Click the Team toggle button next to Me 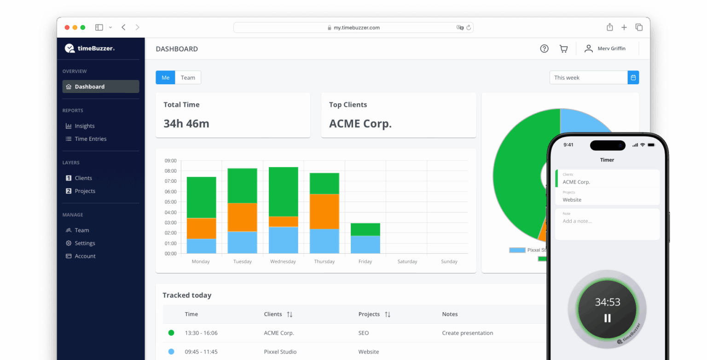[x=188, y=78]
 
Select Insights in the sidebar [x=85, y=126]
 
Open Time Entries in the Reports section [x=90, y=139]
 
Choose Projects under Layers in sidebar [x=85, y=191]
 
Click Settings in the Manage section [x=85, y=243]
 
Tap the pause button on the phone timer [x=607, y=318]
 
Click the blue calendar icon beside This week [x=633, y=78]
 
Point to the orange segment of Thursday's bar [x=324, y=211]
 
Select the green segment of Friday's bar [x=365, y=229]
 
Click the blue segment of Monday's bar [x=201, y=246]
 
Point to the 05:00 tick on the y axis [x=170, y=202]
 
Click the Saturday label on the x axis [x=407, y=261]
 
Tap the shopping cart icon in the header [x=563, y=49]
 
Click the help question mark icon [x=544, y=49]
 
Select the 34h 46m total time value [x=186, y=124]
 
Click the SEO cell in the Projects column [x=363, y=333]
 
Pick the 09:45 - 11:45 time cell [x=201, y=352]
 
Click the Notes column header [x=450, y=314]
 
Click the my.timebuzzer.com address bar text [x=356, y=28]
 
